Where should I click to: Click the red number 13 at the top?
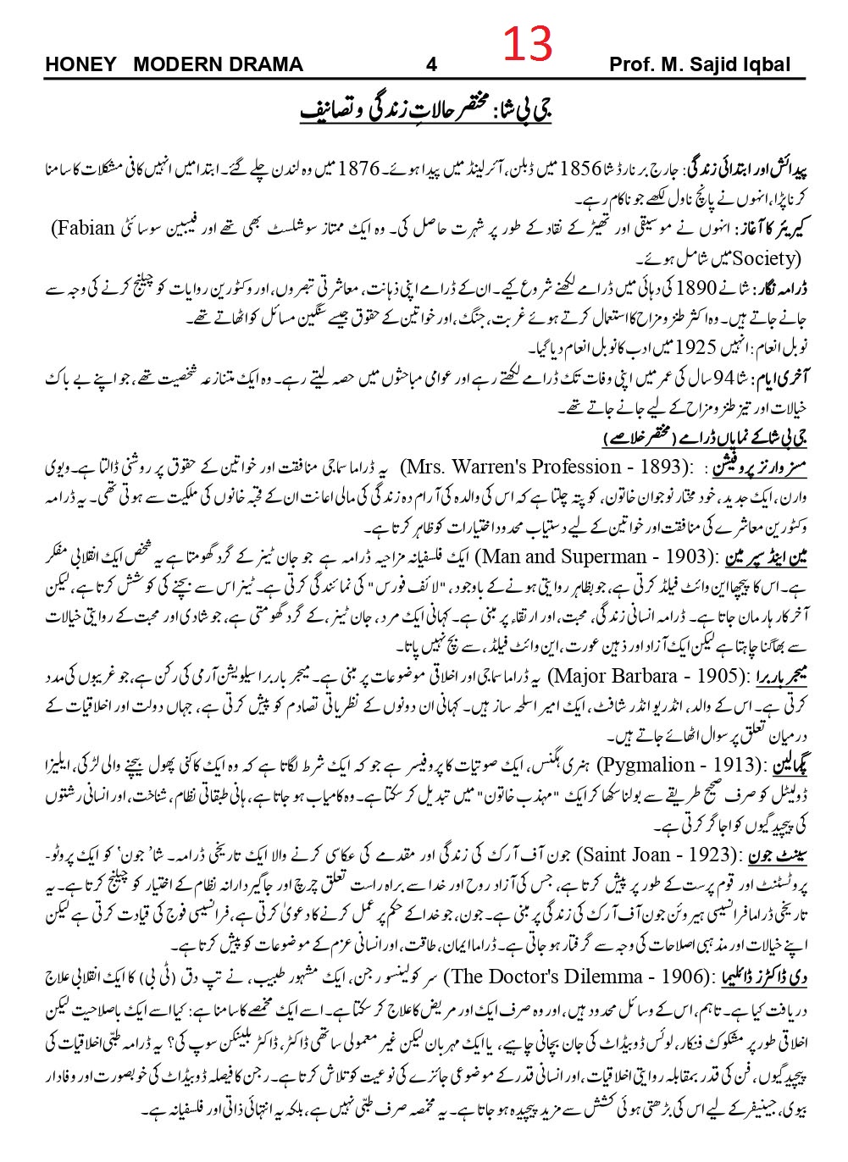tap(529, 44)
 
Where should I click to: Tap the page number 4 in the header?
tap(431, 65)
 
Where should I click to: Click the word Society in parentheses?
tap(756, 257)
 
